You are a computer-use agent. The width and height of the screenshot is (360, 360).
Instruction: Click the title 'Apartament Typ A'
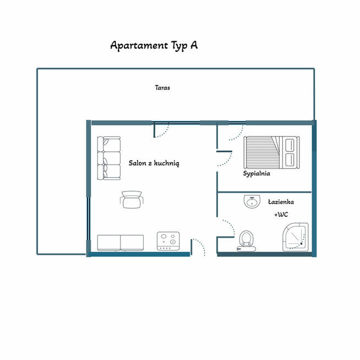coord(154,45)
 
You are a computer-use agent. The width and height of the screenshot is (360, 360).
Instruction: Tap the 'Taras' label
coord(162,87)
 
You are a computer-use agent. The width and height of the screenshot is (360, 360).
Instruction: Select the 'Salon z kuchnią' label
coord(154,163)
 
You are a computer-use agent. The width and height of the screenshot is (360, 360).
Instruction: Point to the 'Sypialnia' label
coord(257,173)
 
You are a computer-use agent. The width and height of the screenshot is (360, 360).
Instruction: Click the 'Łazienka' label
coord(281,201)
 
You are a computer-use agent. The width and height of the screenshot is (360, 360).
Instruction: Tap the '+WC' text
coord(281,215)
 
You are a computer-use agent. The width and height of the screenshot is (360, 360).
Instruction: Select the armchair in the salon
coord(132,199)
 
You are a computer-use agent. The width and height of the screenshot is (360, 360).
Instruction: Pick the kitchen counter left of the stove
coord(121,242)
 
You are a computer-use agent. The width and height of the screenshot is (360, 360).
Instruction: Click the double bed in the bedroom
coord(272,152)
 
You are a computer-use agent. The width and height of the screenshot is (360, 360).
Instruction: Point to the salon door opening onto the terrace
coord(161,130)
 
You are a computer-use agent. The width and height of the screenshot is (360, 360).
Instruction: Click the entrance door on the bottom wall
coord(199,247)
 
